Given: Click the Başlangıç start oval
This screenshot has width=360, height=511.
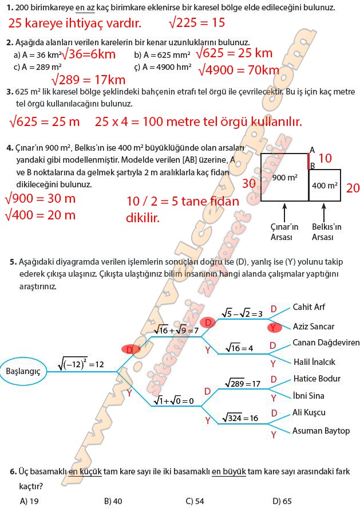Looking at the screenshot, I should [23, 371].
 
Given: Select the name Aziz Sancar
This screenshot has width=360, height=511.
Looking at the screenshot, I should [314, 327].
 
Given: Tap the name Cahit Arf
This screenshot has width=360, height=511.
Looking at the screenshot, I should [308, 307].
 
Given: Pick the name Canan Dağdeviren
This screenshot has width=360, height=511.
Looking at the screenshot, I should [326, 343].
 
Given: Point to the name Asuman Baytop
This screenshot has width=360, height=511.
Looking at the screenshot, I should [321, 430].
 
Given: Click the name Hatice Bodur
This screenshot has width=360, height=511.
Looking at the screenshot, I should [317, 379].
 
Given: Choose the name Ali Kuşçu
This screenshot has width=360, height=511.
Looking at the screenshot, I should [308, 412].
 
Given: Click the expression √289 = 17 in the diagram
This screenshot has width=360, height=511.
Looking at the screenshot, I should [243, 383].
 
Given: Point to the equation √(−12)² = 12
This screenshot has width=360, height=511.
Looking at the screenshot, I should [81, 364].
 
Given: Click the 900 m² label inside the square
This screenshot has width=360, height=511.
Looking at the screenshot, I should [284, 178].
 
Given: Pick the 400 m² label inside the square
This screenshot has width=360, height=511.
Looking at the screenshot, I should [325, 186].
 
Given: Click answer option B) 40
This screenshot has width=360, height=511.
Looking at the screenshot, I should [113, 501].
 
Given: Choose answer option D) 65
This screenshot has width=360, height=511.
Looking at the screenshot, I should [282, 501].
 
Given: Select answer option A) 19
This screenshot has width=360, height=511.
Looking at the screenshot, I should [29, 501].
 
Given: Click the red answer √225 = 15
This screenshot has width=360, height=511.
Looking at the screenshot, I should [197, 23].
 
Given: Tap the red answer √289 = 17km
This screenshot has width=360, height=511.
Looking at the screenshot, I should [88, 79].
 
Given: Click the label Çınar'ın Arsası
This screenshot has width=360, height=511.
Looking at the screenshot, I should [284, 231].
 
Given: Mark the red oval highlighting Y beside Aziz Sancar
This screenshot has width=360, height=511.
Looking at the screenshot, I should [275, 327].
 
